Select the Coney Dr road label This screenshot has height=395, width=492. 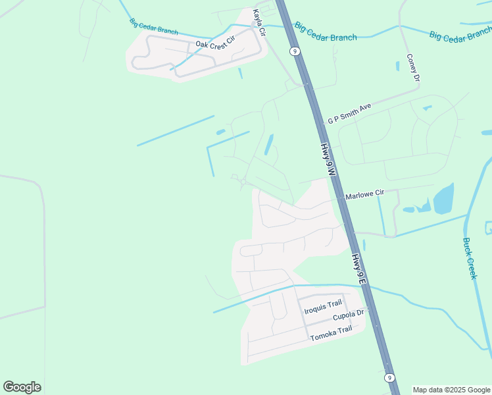[x=413, y=68]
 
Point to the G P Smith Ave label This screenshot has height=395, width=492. [x=350, y=113]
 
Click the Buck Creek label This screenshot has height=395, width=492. [x=469, y=258]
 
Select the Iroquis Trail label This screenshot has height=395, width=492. [x=322, y=303]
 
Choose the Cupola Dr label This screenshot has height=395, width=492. [x=348, y=316]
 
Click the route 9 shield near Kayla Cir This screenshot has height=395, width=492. [x=295, y=51]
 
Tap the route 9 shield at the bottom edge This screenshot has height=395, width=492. [x=390, y=377]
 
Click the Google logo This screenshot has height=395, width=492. [x=22, y=387]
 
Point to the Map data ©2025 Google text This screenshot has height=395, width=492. [x=452, y=390]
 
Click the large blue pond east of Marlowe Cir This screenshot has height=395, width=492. [x=443, y=198]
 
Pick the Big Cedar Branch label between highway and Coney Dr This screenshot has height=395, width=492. [x=326, y=32]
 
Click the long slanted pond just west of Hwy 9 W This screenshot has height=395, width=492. [x=269, y=144]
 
